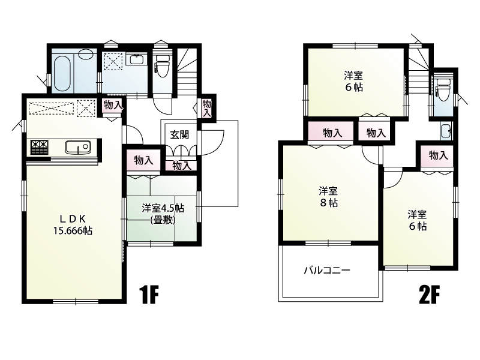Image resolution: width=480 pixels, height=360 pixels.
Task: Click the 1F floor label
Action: tap(148, 295)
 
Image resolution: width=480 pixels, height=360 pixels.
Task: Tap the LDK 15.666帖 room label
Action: tap(71, 224)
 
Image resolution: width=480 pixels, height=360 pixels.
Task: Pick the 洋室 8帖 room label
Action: tap(328, 197)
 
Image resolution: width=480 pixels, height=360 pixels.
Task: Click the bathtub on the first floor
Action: tap(63, 71)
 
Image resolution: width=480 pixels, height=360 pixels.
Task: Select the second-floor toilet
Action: tap(443, 91)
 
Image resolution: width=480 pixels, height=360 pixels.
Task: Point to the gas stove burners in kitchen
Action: tap(38, 147)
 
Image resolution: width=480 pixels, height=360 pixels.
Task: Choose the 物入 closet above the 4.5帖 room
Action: tap(143, 161)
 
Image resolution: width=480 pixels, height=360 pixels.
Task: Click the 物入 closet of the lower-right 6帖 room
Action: tap(438, 155)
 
